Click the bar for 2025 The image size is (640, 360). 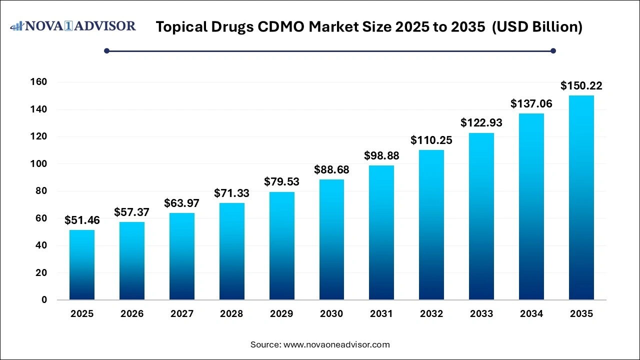[82, 264]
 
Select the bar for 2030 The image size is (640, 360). [331, 239]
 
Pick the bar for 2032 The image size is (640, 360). [431, 224]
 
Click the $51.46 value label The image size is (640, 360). [82, 220]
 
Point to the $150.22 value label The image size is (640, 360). [581, 86]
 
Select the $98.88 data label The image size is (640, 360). [381, 156]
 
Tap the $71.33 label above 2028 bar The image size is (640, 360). [231, 193]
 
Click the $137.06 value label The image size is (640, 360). [531, 104]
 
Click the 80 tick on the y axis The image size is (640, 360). [41, 191]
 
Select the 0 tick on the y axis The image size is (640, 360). [44, 300]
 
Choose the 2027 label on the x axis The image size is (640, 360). [182, 314]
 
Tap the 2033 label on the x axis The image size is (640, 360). [481, 314]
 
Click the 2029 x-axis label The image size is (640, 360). [281, 314]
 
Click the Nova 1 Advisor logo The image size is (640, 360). [73, 26]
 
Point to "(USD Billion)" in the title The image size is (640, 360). [537, 27]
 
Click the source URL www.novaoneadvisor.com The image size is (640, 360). [336, 344]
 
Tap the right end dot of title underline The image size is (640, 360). [553, 50]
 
